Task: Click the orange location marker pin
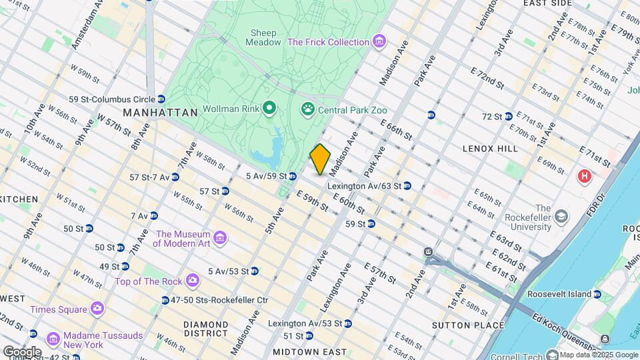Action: point(320,159)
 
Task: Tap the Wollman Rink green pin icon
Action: point(269,107)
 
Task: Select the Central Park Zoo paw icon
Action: point(308,109)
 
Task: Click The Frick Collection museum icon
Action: point(379,42)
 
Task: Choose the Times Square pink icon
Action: point(97,309)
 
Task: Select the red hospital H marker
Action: point(585,177)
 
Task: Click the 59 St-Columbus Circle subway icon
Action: point(161,99)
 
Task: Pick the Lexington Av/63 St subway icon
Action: point(407,185)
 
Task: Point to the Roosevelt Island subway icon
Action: point(597,294)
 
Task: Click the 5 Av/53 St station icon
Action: point(254,271)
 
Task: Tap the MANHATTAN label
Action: point(161,113)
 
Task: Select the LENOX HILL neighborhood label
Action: point(489,148)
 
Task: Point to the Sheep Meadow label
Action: point(263,37)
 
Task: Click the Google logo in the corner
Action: point(22,351)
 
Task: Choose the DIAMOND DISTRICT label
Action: point(207,330)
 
